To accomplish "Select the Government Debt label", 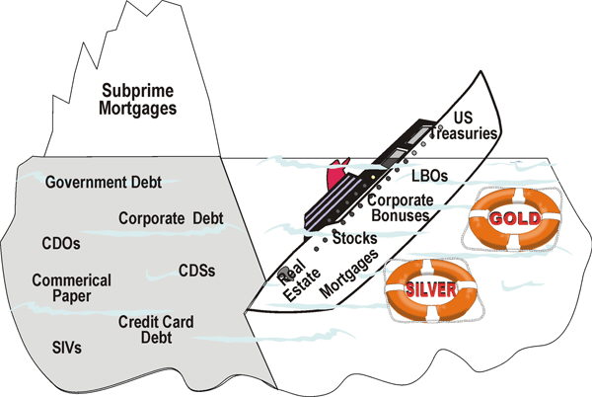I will (x=103, y=183).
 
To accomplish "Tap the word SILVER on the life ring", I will (x=428, y=288).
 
